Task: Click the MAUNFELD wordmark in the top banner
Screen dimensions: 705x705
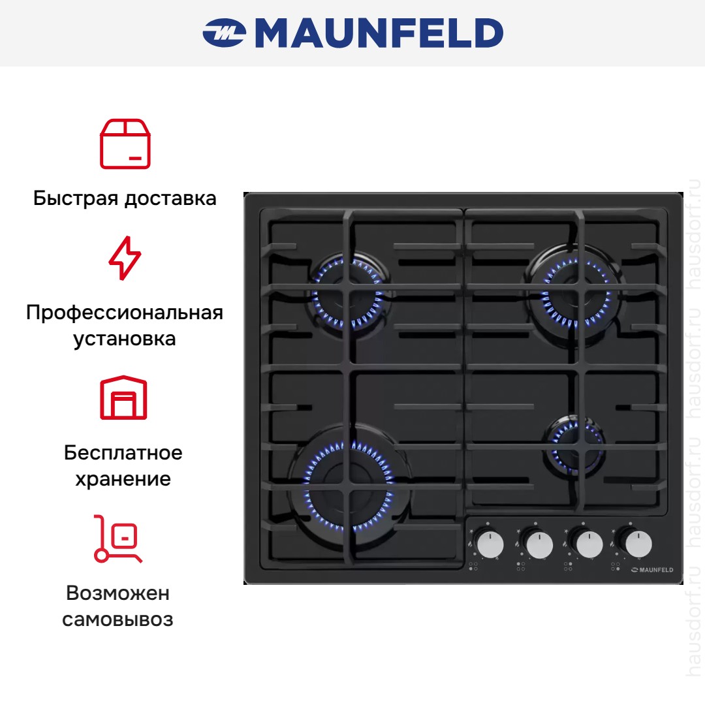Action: click(379, 33)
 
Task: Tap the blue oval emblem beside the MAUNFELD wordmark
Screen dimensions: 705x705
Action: click(225, 33)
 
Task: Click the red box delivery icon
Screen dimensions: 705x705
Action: click(125, 144)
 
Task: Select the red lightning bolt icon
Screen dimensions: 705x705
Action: click(125, 258)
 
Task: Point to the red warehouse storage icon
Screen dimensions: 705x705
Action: click(123, 398)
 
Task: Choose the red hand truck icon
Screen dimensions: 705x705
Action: click(117, 539)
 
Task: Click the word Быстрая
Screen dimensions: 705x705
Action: click(76, 198)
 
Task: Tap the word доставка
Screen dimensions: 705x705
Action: click(170, 199)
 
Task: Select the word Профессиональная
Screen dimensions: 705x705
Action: click(125, 313)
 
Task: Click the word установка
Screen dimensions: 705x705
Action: click(125, 339)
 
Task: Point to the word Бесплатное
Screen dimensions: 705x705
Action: click(123, 453)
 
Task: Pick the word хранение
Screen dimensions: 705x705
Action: click(123, 479)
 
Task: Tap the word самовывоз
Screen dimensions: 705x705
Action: click(117, 619)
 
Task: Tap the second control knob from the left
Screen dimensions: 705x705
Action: click(540, 544)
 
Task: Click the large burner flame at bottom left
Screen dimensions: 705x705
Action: click(349, 486)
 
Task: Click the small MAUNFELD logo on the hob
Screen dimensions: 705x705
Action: click(652, 570)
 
